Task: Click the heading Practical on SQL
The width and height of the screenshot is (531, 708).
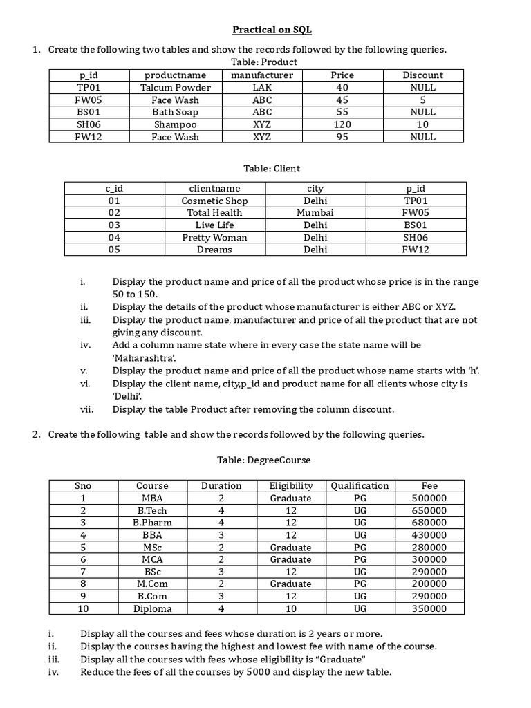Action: [x=267, y=30]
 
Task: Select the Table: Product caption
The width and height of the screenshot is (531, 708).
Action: [x=266, y=62]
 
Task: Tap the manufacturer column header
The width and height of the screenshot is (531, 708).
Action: [x=262, y=75]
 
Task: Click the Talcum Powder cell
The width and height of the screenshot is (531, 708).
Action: [x=175, y=87]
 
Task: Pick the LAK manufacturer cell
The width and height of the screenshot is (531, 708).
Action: [x=262, y=87]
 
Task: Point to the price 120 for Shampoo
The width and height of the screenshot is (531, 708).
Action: [x=342, y=124]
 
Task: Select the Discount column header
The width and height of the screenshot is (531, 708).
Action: [x=422, y=75]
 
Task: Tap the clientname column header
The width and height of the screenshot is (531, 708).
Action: [x=214, y=188]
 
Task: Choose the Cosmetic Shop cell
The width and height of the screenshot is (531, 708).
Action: [x=214, y=201]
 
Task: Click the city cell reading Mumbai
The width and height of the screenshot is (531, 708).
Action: [x=315, y=213]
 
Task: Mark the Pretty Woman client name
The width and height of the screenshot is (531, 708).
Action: [x=214, y=237]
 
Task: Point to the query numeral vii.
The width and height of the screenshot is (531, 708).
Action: [x=86, y=409]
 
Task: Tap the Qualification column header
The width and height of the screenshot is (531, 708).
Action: [x=360, y=485]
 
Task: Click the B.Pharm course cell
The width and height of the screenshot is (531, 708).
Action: [x=152, y=523]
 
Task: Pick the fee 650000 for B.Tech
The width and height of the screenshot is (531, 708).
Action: [x=429, y=510]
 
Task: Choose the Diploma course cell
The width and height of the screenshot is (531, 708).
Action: [x=152, y=608]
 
